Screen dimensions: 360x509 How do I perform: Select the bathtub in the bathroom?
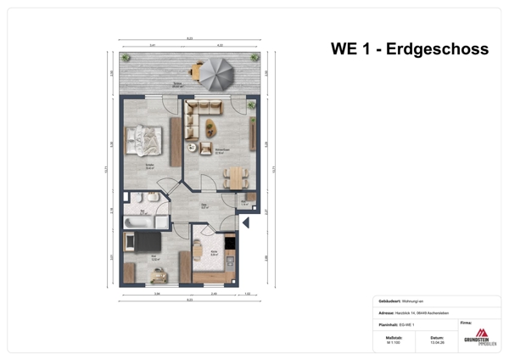(x=139, y=221)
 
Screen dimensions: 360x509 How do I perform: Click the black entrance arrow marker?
(x=246, y=222)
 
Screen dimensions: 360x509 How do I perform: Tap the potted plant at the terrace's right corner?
(x=255, y=58)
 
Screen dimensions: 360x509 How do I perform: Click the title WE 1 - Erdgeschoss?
(x=409, y=49)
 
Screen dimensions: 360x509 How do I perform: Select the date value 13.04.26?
(x=437, y=343)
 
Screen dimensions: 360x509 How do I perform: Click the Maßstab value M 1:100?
(x=394, y=343)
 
